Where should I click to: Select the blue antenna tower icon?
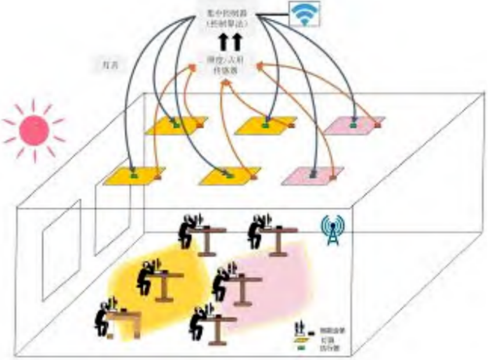[x=332, y=230]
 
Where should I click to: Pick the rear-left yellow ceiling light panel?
[x=171, y=126]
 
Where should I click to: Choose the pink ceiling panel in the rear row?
[x=352, y=125]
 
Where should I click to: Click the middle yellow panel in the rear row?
[x=265, y=125]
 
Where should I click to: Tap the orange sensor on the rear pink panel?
[x=378, y=125]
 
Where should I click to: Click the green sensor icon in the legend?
[x=302, y=348]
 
